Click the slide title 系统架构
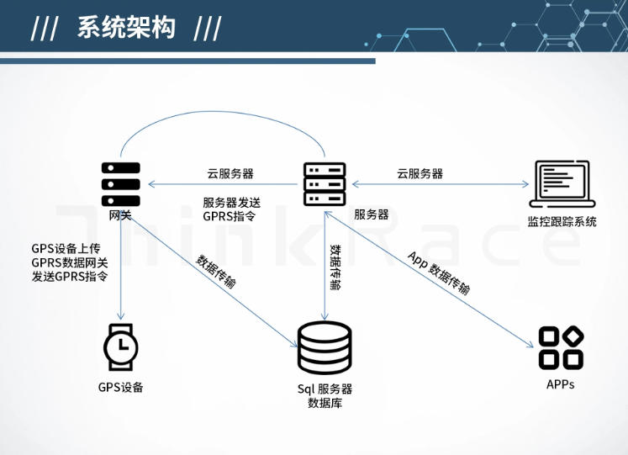pos(126,27)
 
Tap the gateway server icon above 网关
pos(120,183)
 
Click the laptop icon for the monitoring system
pos(562,184)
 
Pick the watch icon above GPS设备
pos(121,346)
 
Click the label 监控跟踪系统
pos(562,222)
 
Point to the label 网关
pos(120,215)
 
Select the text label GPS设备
pos(121,388)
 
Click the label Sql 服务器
pos(325,389)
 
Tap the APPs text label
pos(561,384)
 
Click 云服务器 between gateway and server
pos(230,174)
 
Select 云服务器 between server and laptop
pos(420,174)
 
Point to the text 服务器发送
pos(232,202)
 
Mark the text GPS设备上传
pos(66,248)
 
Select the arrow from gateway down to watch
pos(121,269)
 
